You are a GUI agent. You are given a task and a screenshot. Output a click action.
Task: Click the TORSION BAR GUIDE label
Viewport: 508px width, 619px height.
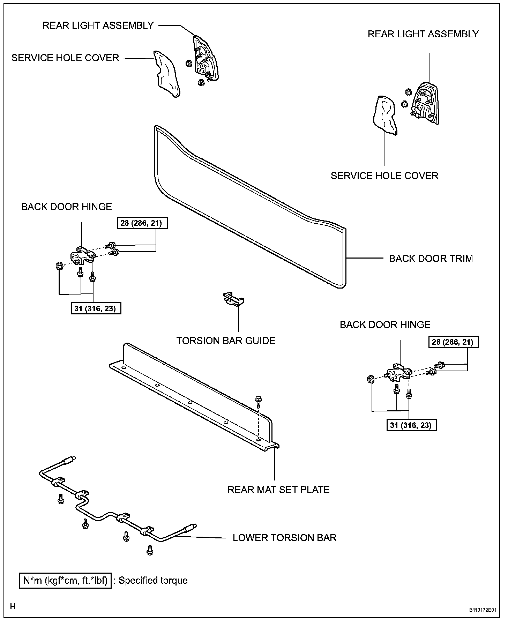[226, 341]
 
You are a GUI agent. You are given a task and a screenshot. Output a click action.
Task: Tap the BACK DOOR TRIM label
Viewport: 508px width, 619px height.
[431, 259]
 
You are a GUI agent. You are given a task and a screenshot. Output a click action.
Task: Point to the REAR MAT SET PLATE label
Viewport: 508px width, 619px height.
[278, 490]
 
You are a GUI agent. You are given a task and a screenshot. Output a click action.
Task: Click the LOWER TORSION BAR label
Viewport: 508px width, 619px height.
[285, 538]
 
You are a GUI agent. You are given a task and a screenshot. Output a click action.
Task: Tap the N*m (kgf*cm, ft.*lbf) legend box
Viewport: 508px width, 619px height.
[65, 581]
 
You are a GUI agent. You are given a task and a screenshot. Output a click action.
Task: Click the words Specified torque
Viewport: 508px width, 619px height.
[153, 581]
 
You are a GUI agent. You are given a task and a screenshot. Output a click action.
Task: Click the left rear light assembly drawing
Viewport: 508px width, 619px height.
[206, 60]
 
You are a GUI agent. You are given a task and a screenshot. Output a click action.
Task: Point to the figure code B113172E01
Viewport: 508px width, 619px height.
[483, 610]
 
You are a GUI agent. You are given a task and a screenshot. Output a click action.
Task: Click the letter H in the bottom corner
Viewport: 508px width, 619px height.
[13, 606]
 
